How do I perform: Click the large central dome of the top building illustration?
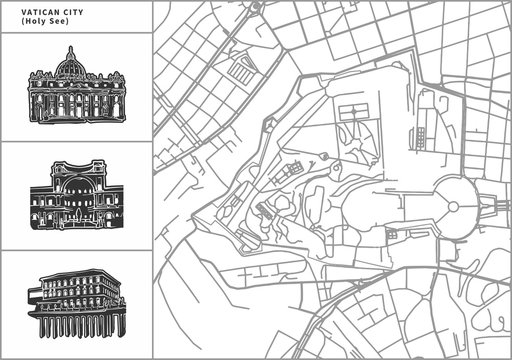70,67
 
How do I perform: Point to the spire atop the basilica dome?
70,49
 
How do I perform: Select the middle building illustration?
76,195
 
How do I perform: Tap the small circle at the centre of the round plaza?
453,206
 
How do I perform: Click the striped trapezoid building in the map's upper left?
243,70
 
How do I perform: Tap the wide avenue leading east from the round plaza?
495,207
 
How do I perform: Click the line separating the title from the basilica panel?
76,33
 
